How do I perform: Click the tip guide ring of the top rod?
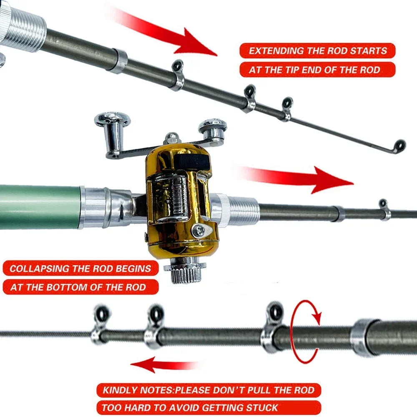pyautogui.click(x=400, y=145)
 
